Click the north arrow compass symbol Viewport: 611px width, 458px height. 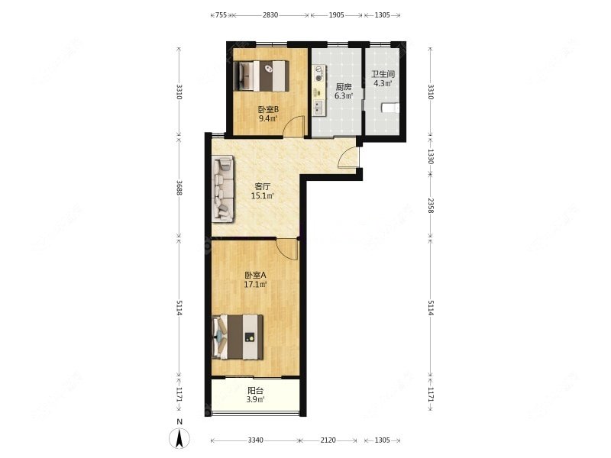point(179,437)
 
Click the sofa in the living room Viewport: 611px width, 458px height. point(223,189)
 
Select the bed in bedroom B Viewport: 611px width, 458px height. point(262,76)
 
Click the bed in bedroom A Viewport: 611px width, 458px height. point(238,337)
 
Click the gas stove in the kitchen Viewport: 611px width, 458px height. point(319,74)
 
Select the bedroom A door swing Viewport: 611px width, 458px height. point(287,250)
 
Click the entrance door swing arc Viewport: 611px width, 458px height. point(348,157)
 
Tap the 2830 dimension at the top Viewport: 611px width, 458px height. point(270,15)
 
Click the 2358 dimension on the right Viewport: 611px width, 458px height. point(431,206)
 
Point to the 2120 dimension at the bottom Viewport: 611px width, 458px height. point(328,440)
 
